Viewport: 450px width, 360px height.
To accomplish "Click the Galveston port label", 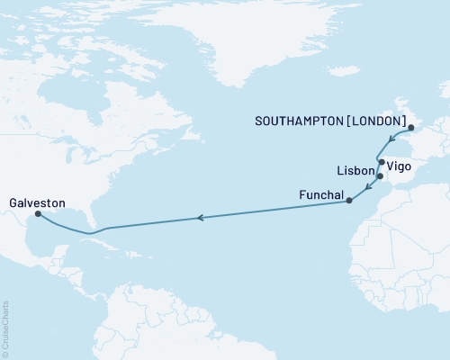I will (31, 203).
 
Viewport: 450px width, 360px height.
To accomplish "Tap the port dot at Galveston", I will (37, 214).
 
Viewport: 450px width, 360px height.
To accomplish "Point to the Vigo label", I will (401, 166).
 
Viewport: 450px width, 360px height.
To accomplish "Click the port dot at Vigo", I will (382, 163).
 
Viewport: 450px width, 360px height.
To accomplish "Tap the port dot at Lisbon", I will (380, 176).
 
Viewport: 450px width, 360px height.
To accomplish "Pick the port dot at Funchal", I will (349, 202).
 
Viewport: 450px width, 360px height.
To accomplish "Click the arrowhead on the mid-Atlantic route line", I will (202, 217).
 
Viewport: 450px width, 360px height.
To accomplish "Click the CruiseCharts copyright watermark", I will (5, 328).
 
